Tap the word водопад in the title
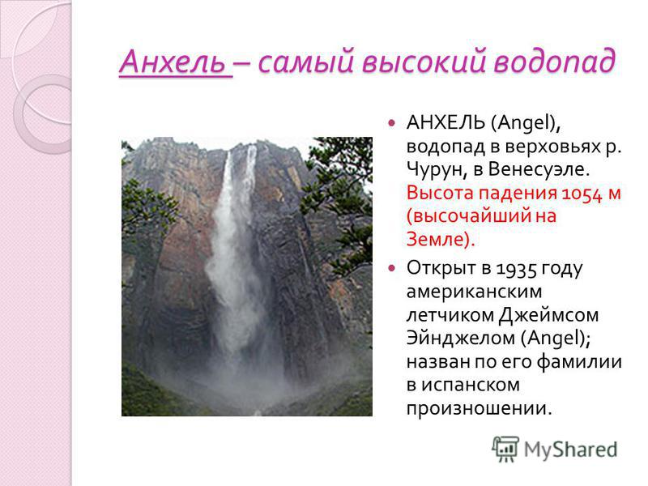point(555,62)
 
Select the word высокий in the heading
point(424,62)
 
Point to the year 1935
point(516,269)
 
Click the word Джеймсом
point(548,316)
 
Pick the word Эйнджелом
point(461,339)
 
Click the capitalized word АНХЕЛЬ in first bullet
point(446,122)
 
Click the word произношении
point(479,409)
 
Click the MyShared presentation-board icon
point(505,449)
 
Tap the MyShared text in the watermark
point(571,450)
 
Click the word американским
point(474,292)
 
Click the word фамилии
point(579,362)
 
